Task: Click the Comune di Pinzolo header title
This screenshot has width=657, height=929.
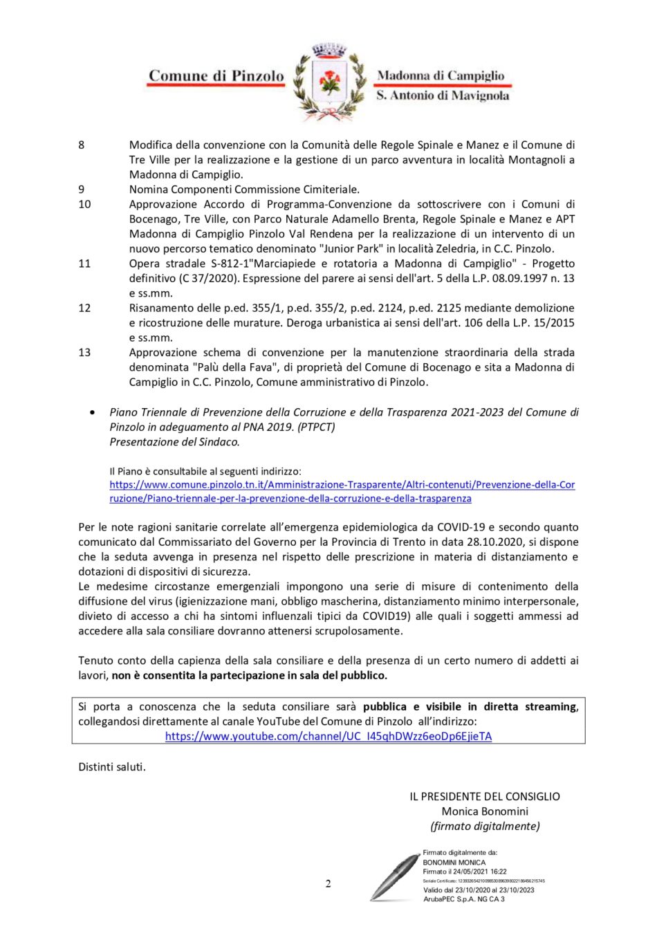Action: (216, 76)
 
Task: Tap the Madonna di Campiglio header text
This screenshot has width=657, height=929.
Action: (441, 75)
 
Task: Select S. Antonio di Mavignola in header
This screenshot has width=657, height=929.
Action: (443, 95)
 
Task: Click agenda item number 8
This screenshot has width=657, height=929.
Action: (82, 145)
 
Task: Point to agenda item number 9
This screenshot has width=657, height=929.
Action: (82, 190)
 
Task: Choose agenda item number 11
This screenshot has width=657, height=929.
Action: (84, 264)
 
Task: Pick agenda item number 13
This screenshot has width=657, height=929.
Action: (84, 353)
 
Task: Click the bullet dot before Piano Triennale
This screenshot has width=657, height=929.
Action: (93, 413)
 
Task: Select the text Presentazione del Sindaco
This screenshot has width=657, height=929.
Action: (174, 442)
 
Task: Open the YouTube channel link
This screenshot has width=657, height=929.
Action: (328, 737)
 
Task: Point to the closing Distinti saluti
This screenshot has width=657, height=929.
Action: (112, 767)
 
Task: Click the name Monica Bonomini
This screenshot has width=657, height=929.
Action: (485, 811)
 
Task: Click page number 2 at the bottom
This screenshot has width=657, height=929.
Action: (328, 883)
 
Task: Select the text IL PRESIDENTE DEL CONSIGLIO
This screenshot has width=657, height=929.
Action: (485, 797)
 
